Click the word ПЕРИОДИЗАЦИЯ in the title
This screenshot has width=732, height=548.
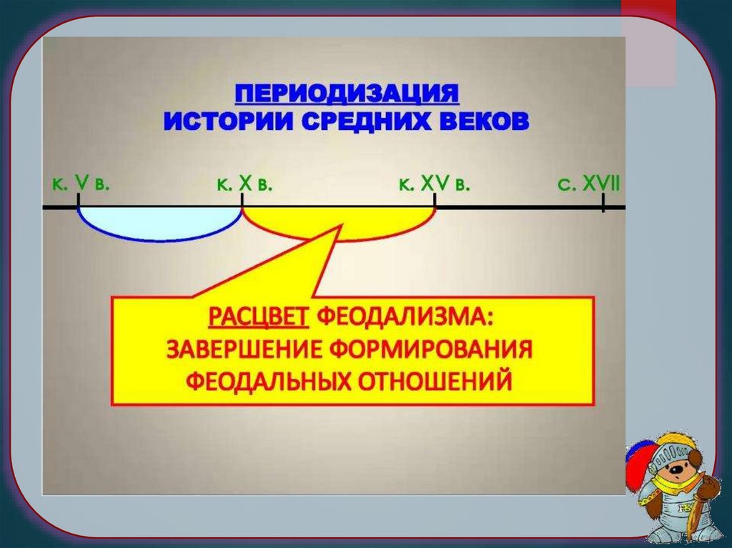click(x=347, y=93)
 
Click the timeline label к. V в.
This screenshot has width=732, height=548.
click(x=79, y=184)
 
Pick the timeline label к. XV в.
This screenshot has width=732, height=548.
click(x=434, y=185)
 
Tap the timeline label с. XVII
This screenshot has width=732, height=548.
click(x=589, y=185)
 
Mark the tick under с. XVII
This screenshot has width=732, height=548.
click(x=603, y=205)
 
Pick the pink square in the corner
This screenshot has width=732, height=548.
click(x=648, y=43)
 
